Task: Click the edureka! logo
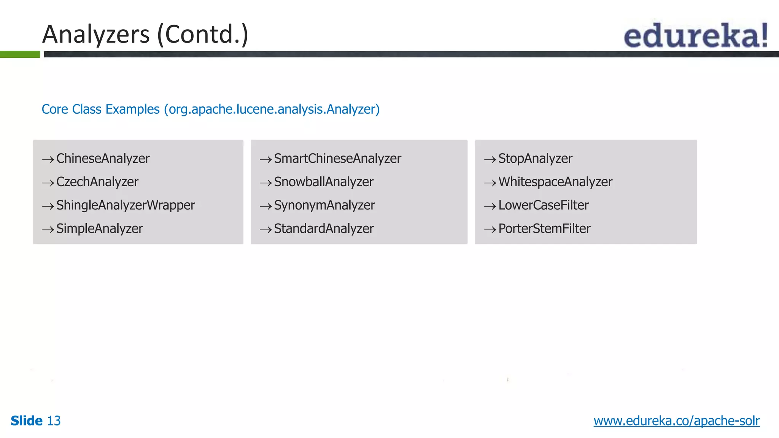tap(695, 35)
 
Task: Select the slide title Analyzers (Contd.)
tap(145, 34)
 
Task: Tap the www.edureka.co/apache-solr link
tap(676, 421)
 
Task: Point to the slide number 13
tap(54, 421)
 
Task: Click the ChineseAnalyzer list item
tap(103, 159)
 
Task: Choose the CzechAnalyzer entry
tap(97, 182)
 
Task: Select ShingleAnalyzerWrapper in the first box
tap(126, 205)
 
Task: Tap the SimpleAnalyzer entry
tap(99, 229)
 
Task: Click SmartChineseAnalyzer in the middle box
tap(337, 159)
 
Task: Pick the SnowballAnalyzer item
tap(324, 182)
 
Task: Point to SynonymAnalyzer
tap(324, 205)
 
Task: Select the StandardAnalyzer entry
tap(324, 229)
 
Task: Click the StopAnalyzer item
tap(535, 159)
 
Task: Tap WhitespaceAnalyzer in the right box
tap(555, 182)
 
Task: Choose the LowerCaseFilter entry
tap(543, 205)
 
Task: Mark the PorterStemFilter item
tap(544, 229)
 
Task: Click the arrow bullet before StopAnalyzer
tap(490, 160)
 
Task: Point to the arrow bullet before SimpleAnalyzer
tap(48, 230)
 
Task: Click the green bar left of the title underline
tap(20, 54)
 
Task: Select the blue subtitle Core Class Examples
tap(210, 109)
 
